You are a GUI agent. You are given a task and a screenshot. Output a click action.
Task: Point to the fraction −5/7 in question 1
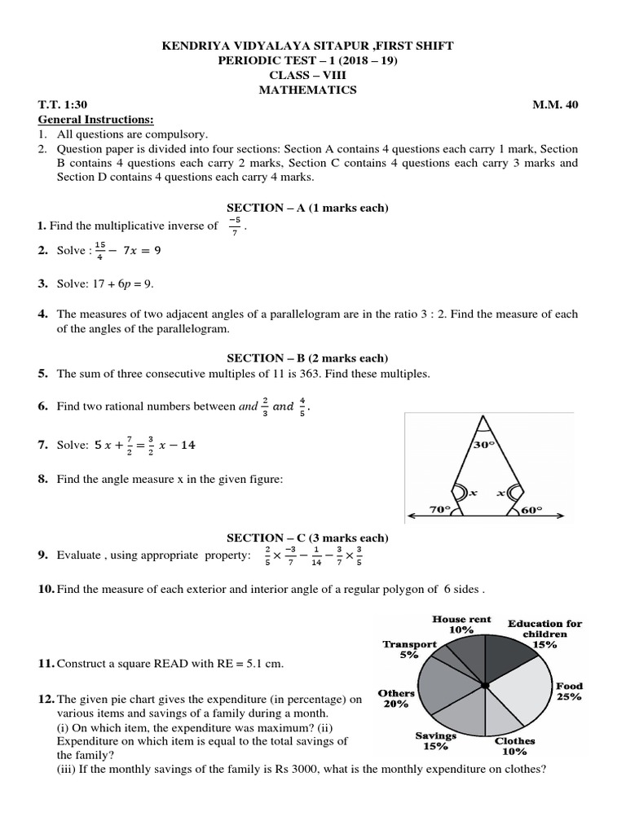[x=234, y=226]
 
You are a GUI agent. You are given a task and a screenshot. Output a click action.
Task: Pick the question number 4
[x=42, y=314]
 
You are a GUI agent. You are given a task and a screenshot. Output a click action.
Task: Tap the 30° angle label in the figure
[x=485, y=446]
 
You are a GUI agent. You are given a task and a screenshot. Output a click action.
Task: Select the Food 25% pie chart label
[x=568, y=692]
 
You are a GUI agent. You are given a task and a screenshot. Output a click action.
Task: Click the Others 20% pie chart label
[x=396, y=698]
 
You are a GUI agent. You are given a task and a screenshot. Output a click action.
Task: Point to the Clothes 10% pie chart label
[x=515, y=746]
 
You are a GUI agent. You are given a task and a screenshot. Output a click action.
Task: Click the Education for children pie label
[x=545, y=634]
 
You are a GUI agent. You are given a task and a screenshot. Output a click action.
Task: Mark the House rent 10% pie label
[x=461, y=624]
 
